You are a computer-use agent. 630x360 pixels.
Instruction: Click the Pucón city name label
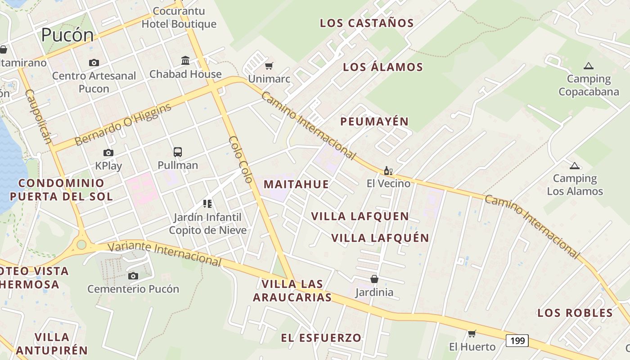point(67,35)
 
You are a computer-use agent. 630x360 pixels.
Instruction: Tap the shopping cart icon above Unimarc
point(269,66)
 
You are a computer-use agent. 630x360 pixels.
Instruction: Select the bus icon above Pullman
point(178,152)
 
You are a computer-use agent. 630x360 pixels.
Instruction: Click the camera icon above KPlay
point(108,153)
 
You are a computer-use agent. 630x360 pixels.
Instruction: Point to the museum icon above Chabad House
point(185,60)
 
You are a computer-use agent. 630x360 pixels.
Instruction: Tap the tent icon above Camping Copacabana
point(588,66)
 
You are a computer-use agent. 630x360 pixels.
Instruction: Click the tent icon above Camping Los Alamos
point(574,166)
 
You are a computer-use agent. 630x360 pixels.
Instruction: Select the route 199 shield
point(517,341)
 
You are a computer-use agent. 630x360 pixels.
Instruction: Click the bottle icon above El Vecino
point(388,171)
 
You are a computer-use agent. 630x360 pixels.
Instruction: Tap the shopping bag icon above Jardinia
point(374,279)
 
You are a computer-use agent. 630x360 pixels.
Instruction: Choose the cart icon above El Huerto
point(472,333)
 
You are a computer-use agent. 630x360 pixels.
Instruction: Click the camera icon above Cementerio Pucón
point(133,276)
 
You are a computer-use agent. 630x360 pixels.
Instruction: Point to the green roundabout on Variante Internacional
point(81,244)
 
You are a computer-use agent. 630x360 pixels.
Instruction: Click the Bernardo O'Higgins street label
point(123,125)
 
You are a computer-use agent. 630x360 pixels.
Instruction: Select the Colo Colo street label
point(240,159)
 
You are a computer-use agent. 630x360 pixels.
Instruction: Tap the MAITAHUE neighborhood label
point(296,184)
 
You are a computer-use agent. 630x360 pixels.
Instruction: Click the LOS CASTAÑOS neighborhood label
point(367,23)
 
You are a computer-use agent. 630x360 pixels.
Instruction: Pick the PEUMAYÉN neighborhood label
point(374,121)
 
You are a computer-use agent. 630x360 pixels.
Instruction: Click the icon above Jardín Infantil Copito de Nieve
point(207,204)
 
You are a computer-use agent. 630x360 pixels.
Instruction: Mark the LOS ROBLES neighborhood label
point(575,313)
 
